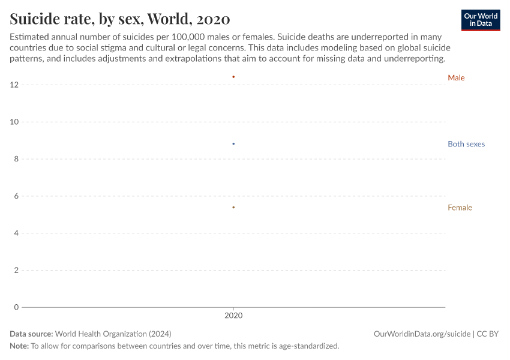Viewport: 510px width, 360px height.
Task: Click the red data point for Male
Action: (233, 77)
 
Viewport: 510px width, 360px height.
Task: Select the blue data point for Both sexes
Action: (233, 144)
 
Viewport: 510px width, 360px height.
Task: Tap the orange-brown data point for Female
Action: (233, 208)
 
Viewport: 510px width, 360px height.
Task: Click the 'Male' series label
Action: (456, 78)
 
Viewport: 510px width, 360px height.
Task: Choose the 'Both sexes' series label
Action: (466, 144)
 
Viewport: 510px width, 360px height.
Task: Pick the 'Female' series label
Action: (460, 208)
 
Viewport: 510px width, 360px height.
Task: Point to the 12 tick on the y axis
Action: (14, 85)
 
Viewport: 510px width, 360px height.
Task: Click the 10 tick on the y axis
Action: (14, 122)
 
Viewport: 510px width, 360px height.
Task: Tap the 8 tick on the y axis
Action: (16, 159)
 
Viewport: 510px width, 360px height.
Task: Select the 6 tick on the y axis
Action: (16, 196)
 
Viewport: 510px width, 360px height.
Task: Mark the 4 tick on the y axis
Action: (16, 233)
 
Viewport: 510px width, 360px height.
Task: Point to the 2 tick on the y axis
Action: (16, 270)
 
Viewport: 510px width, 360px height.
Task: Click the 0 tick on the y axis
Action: (16, 307)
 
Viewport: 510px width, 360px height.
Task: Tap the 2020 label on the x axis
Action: (233, 315)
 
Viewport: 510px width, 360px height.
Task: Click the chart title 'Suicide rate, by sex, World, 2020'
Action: (119, 19)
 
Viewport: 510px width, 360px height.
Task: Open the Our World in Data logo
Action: (480, 20)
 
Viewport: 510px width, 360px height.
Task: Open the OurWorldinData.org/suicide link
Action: (422, 334)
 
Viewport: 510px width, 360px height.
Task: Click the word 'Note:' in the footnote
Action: (19, 346)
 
